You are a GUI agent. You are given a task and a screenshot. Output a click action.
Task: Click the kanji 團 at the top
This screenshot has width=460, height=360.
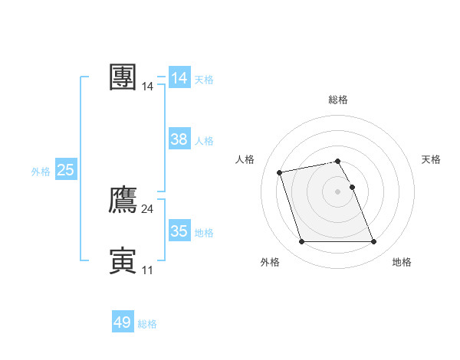pyautogui.click(x=123, y=77)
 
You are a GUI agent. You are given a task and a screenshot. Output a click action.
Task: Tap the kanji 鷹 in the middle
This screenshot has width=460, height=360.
pyautogui.click(x=123, y=199)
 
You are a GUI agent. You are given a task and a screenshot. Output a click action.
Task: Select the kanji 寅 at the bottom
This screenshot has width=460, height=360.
pyautogui.click(x=123, y=260)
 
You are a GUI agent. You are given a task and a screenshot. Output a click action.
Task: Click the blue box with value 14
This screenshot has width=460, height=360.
pyautogui.click(x=179, y=78)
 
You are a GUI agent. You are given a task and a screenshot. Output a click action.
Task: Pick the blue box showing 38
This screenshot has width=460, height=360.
pyautogui.click(x=179, y=139)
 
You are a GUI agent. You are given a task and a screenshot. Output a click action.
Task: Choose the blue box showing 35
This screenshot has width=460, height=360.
pyautogui.click(x=179, y=231)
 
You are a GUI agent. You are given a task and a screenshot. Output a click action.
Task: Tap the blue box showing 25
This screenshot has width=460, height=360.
pyautogui.click(x=65, y=170)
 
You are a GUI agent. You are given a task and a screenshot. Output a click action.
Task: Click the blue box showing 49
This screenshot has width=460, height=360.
pyautogui.click(x=123, y=322)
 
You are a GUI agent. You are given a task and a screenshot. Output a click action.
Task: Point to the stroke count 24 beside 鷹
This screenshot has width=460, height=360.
pyautogui.click(x=147, y=209)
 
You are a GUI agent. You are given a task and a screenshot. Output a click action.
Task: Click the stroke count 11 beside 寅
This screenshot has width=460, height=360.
pyautogui.click(x=147, y=270)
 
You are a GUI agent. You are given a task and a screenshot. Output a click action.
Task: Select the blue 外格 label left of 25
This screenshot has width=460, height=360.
pyautogui.click(x=41, y=172)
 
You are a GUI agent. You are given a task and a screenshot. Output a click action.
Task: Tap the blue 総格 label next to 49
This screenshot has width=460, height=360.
pyautogui.click(x=147, y=324)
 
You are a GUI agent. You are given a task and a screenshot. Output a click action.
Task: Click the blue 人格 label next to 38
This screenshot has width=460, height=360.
pyautogui.click(x=204, y=141)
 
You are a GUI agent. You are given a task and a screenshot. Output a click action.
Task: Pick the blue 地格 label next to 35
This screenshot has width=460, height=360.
pyautogui.click(x=204, y=233)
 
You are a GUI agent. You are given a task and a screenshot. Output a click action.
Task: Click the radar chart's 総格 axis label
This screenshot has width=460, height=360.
pyautogui.click(x=338, y=100)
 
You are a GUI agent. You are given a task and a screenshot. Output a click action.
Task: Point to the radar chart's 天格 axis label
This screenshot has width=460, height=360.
pyautogui.click(x=431, y=159)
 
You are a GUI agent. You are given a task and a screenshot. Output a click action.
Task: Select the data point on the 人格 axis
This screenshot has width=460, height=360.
pyautogui.click(x=280, y=172)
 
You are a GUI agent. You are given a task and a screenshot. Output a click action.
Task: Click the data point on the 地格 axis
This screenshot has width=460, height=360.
pyautogui.click(x=373, y=242)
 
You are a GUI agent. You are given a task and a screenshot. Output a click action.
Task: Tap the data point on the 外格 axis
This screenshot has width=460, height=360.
pyautogui.click(x=301, y=242)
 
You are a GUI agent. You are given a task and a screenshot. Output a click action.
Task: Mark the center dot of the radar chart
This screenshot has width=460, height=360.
pyautogui.click(x=338, y=191)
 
